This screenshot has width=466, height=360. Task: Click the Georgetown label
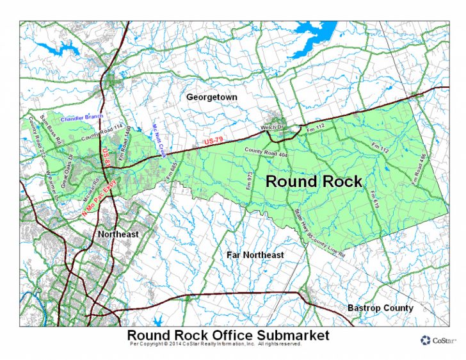coord(212,97)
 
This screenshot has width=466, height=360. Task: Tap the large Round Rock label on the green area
coord(314,181)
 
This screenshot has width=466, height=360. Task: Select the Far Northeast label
coord(255,255)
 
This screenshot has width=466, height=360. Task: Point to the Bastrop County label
coord(380,308)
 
